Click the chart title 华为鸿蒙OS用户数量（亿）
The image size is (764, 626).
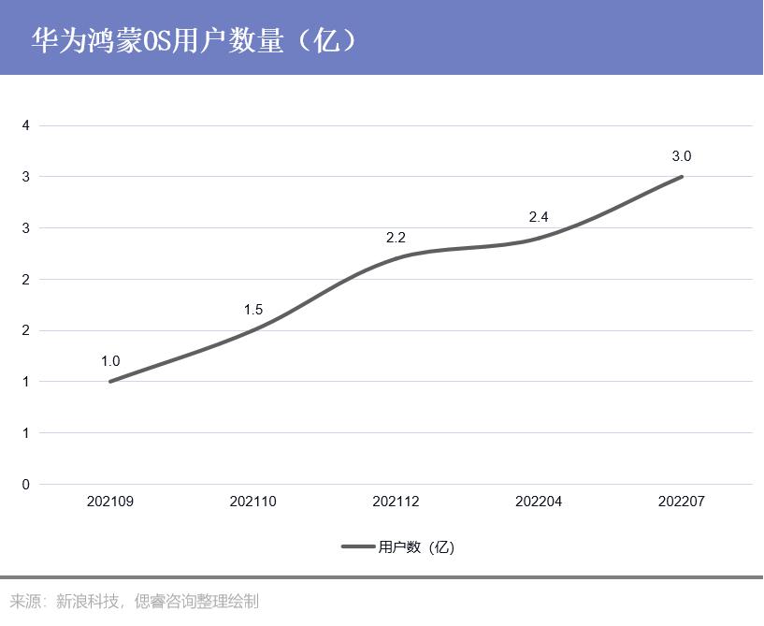pos(194,40)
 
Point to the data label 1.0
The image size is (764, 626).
pos(110,361)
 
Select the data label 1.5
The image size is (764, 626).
pos(253,310)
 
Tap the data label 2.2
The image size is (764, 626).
pos(396,239)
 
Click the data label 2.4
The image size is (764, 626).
pos(539,217)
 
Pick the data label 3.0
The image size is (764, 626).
pos(682,156)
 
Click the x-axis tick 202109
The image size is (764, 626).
pos(110,502)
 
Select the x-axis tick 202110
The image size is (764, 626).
pos(253,502)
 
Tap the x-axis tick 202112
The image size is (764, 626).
pos(396,502)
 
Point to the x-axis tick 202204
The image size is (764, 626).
pos(539,502)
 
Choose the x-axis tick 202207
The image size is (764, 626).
pos(682,502)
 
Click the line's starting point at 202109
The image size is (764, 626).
pos(110,381)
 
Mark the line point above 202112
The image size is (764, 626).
pos(396,258)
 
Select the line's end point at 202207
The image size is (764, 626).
pos(682,176)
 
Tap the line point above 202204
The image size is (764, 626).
pos(539,239)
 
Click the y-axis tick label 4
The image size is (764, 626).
pos(26,125)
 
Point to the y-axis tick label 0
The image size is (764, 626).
pos(26,485)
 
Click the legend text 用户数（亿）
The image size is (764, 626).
pos(416,547)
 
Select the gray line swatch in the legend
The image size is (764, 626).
pos(357,547)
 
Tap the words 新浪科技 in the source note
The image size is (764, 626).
pos(88,602)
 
